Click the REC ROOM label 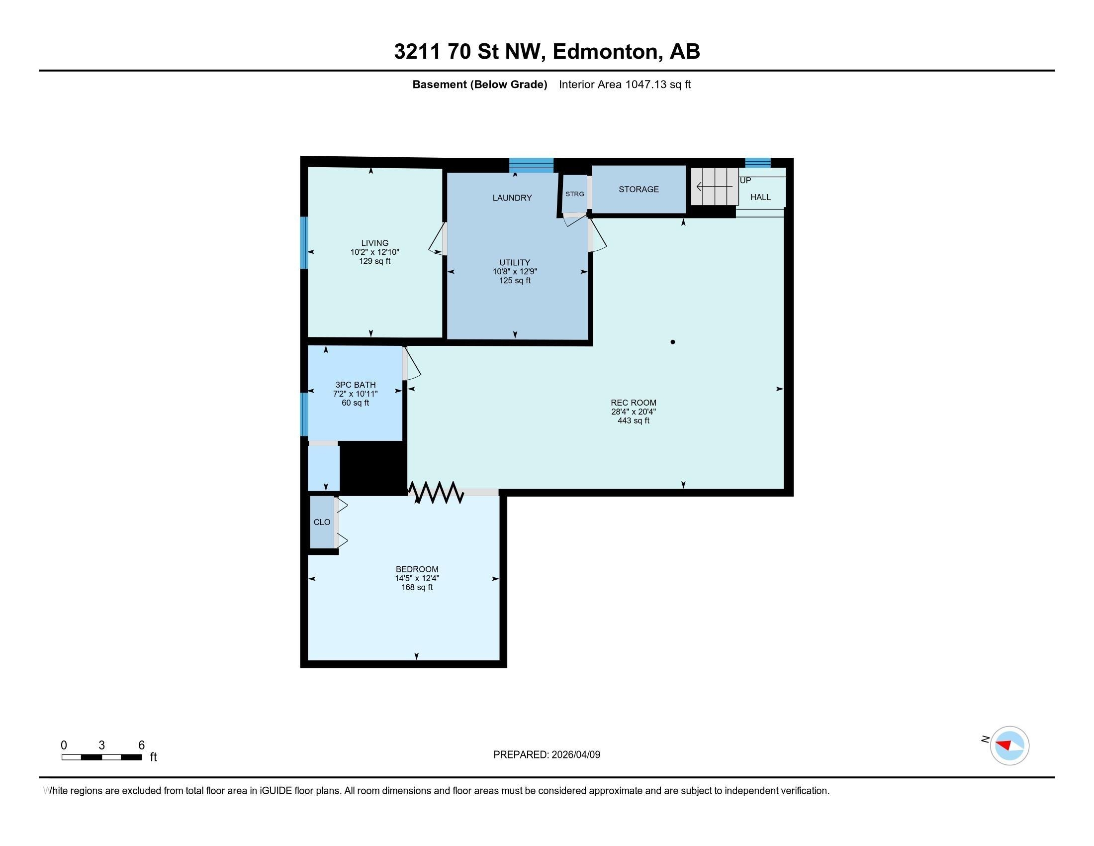[x=633, y=403]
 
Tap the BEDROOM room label [x=417, y=569]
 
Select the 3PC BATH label [x=355, y=385]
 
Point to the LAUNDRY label [x=512, y=198]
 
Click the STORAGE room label [x=638, y=190]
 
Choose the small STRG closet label [x=574, y=194]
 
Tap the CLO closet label [x=322, y=522]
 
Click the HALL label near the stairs [x=760, y=198]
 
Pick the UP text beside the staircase [x=745, y=181]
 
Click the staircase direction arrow [x=714, y=187]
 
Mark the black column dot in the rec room [x=673, y=342]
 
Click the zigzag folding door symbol [x=436, y=492]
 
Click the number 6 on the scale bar [x=141, y=745]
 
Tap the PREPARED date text [x=547, y=755]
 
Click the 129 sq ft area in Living [x=374, y=261]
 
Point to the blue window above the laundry [x=532, y=165]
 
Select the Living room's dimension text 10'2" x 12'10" [x=374, y=252]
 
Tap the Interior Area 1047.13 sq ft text [x=625, y=85]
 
